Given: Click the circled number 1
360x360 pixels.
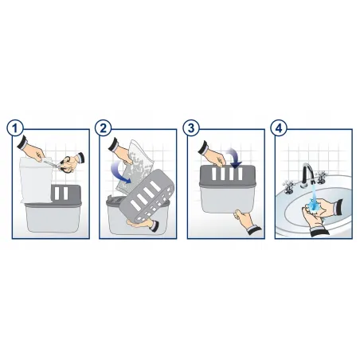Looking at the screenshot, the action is [15, 128].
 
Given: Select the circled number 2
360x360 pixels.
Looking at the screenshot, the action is [103, 128].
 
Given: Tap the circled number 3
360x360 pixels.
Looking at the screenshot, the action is [191, 128].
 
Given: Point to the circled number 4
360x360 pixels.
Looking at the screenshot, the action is [279, 128].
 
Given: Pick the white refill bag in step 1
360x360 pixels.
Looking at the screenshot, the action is [36, 180].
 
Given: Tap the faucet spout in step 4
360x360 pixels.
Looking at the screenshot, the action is [307, 174].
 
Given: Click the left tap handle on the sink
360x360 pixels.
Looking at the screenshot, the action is [288, 186].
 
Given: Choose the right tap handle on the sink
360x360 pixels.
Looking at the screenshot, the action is [321, 177].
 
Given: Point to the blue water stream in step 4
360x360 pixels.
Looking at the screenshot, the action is [314, 198].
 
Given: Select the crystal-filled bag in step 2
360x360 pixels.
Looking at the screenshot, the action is [135, 168].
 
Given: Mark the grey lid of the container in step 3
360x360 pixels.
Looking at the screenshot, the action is [228, 175].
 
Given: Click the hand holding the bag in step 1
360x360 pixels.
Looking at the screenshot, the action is [32, 150].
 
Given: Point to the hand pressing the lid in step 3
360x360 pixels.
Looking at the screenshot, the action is [212, 155].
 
